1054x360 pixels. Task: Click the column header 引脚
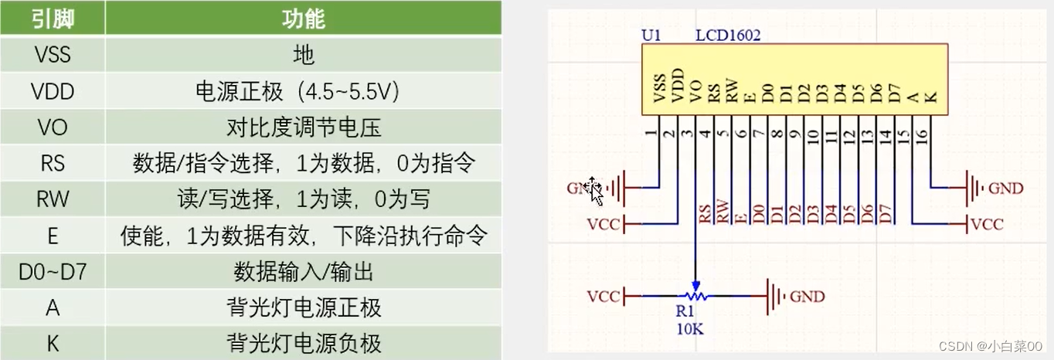(52, 19)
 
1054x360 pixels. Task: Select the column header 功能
(304, 19)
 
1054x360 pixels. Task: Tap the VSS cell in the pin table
(52, 55)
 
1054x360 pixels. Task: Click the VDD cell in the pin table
(52, 91)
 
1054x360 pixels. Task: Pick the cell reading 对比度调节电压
(304, 127)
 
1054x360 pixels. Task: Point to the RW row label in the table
(52, 199)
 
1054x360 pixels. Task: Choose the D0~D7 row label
(52, 271)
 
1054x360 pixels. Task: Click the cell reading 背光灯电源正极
(304, 307)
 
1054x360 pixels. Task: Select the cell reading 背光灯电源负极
(304, 343)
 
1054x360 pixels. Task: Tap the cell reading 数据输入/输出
(304, 271)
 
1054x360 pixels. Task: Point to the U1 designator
(652, 35)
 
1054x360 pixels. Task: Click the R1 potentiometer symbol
(695, 296)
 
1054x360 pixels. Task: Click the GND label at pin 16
(1006, 188)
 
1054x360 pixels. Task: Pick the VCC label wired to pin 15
(987, 225)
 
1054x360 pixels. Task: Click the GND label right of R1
(807, 297)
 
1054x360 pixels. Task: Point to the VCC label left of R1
(603, 297)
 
